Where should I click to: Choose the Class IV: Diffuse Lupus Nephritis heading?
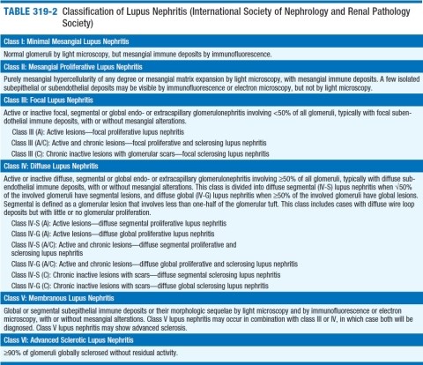pyautogui.click(x=58, y=165)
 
